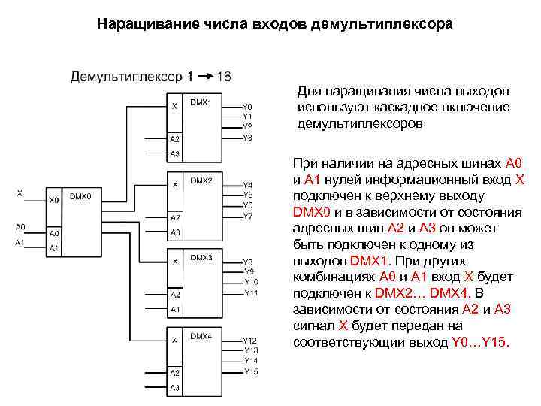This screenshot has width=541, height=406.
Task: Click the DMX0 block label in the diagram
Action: pyautogui.click(x=80, y=195)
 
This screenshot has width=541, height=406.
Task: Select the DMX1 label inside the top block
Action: pyautogui.click(x=201, y=101)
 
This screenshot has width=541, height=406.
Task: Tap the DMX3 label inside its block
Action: pyautogui.click(x=201, y=257)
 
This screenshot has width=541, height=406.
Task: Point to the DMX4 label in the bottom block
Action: pyautogui.click(x=201, y=336)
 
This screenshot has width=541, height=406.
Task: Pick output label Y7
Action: pyautogui.click(x=248, y=216)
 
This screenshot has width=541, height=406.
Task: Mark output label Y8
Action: pyautogui.click(x=248, y=262)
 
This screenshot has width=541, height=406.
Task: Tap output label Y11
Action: pyautogui.click(x=251, y=292)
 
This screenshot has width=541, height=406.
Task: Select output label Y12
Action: pyautogui.click(x=250, y=341)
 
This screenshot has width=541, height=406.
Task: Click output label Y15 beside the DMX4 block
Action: pyautogui.click(x=250, y=371)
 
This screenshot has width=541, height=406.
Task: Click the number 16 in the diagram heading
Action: pyautogui.click(x=223, y=76)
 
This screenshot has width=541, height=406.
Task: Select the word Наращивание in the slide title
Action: pyautogui.click(x=140, y=24)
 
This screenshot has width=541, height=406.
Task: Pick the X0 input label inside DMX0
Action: pyautogui.click(x=53, y=200)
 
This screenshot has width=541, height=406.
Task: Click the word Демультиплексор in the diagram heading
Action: pyautogui.click(x=126, y=76)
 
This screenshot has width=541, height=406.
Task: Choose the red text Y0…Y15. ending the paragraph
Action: pyautogui.click(x=480, y=343)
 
